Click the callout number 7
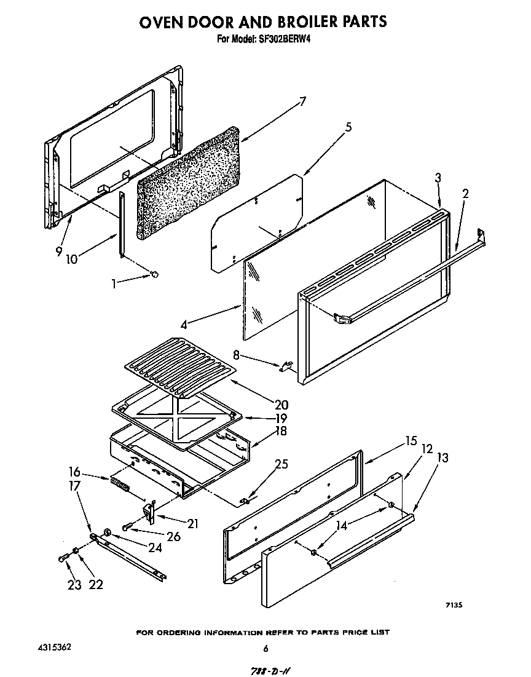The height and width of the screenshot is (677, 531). pos(302,102)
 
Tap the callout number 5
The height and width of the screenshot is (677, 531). pos(348,127)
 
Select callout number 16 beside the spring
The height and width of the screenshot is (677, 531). pos(75,472)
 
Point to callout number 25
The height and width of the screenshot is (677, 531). pos(281,464)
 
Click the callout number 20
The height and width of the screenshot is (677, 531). pos(282,405)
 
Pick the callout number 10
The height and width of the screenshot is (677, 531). pos(72,259)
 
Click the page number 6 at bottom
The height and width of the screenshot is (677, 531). pos(265,648)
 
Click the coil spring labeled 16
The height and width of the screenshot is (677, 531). pos(120,485)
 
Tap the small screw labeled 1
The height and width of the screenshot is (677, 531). pos(154,274)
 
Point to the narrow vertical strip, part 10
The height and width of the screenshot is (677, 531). pos(122,224)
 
